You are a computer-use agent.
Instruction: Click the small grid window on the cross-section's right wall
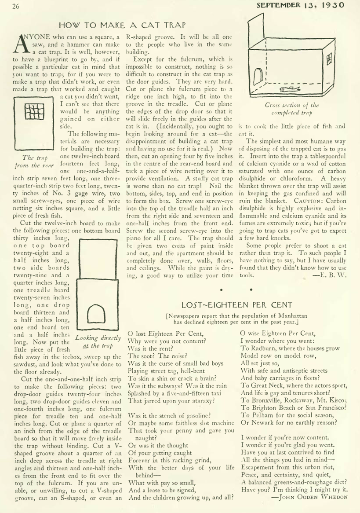[327, 58]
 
